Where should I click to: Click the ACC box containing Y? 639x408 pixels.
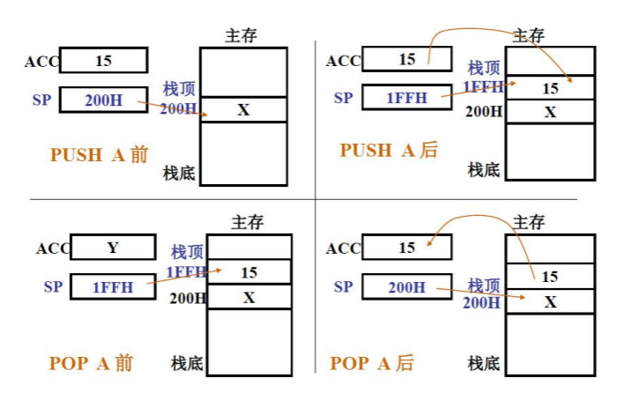point(113,248)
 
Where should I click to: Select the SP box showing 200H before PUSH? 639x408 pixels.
point(103,100)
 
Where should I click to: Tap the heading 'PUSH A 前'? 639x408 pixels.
point(99,155)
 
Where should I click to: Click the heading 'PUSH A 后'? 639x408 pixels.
point(388,151)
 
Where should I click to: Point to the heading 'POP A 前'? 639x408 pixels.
point(92,363)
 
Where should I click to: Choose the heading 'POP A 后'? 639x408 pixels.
point(372,363)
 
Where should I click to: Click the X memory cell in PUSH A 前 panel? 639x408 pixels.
point(244,110)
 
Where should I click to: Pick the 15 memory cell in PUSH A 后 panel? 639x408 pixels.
point(550,88)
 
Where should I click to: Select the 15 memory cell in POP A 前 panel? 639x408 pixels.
point(249,272)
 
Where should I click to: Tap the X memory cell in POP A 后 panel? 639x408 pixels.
point(550,301)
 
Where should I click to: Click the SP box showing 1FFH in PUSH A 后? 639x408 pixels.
point(407,98)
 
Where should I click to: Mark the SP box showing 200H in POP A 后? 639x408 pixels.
point(406,287)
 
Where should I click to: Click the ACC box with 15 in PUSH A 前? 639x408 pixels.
point(103,62)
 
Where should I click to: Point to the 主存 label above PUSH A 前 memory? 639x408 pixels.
point(241,35)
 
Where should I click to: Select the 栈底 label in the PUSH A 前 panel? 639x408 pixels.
point(179,173)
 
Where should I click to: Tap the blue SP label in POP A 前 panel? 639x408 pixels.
point(53,286)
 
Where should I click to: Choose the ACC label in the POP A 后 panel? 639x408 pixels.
point(342,249)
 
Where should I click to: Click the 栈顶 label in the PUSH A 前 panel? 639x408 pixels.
point(179,89)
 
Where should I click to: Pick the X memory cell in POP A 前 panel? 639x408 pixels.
point(249,297)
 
